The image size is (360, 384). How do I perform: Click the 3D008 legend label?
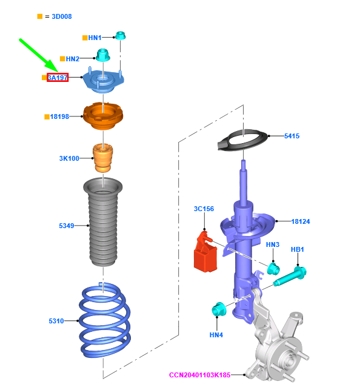pyautogui.click(x=62, y=16)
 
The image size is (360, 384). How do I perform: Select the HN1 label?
pyautogui.click(x=95, y=38)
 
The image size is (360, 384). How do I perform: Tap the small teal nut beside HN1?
pyautogui.click(x=120, y=35)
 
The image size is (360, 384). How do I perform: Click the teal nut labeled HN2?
pyautogui.click(x=103, y=55)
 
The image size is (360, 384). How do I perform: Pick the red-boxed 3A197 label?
pyautogui.click(x=58, y=78)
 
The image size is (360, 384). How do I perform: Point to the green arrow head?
pyautogui.click(x=52, y=66)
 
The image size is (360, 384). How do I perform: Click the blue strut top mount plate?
pyautogui.click(x=103, y=81)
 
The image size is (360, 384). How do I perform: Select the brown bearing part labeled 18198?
pyautogui.click(x=103, y=116)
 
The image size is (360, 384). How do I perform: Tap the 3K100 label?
pyautogui.click(x=69, y=158)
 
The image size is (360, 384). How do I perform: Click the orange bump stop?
pyautogui.click(x=103, y=158)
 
